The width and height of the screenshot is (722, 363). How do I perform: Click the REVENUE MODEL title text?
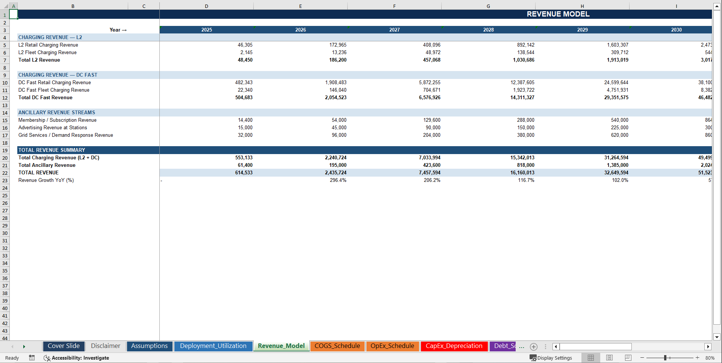[x=558, y=14]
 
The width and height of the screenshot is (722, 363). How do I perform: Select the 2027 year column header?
[x=394, y=30]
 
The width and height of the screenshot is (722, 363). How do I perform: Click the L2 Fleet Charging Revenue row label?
[x=47, y=53]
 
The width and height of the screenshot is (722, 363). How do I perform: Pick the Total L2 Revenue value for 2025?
[x=245, y=60]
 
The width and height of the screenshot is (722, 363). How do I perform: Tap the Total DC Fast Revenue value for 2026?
[x=336, y=98]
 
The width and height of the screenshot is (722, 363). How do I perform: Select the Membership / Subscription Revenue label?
[x=58, y=120]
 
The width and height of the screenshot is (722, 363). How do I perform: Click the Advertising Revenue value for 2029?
[x=619, y=128]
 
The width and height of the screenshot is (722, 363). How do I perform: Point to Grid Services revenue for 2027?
[x=431, y=135]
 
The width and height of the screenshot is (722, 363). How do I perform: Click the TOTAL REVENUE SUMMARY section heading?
[x=52, y=150]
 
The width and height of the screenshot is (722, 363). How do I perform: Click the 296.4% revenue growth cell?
[x=338, y=180]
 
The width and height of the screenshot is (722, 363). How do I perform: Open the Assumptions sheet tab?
[x=149, y=346]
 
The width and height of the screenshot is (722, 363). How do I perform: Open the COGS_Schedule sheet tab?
[x=337, y=346]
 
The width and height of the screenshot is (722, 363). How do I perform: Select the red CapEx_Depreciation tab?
[x=454, y=346]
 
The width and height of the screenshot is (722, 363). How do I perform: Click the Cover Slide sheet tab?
[x=64, y=346]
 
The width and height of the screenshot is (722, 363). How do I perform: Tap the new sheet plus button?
[x=533, y=347]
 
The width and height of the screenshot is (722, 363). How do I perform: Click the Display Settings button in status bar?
[x=551, y=358]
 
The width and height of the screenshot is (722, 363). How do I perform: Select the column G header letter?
[x=488, y=6]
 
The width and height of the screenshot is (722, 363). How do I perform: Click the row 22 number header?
[x=5, y=173]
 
